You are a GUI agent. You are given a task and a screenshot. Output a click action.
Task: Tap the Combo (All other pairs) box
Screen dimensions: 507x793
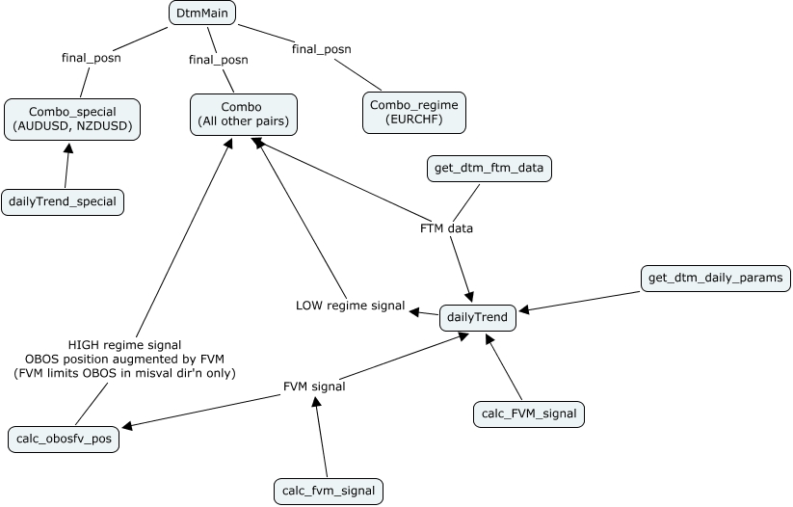point(243,114)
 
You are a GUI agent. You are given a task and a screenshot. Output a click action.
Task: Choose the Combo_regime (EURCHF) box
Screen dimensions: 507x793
point(414,113)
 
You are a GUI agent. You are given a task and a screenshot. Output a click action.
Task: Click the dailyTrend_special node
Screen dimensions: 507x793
point(63,201)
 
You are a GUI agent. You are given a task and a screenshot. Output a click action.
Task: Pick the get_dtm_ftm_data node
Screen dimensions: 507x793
point(489,169)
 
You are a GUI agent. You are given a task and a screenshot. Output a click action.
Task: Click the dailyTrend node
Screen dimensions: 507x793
point(478,317)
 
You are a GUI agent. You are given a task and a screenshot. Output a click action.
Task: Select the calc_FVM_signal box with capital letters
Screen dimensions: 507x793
point(529,414)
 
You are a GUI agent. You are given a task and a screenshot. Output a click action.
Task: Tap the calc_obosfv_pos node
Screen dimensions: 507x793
point(64,440)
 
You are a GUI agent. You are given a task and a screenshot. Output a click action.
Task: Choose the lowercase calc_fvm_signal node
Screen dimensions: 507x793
point(329,491)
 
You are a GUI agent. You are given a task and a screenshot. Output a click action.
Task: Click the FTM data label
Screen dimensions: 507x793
point(446,228)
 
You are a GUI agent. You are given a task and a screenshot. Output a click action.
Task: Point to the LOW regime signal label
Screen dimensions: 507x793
point(350,306)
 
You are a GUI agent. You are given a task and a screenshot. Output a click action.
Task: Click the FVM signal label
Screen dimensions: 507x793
point(314,387)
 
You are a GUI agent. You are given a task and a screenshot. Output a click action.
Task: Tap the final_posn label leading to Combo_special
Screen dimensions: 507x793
point(92,57)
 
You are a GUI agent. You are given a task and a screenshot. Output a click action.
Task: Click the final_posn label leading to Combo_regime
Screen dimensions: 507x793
point(321,48)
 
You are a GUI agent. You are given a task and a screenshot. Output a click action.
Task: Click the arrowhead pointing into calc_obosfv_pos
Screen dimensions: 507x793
point(127,426)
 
